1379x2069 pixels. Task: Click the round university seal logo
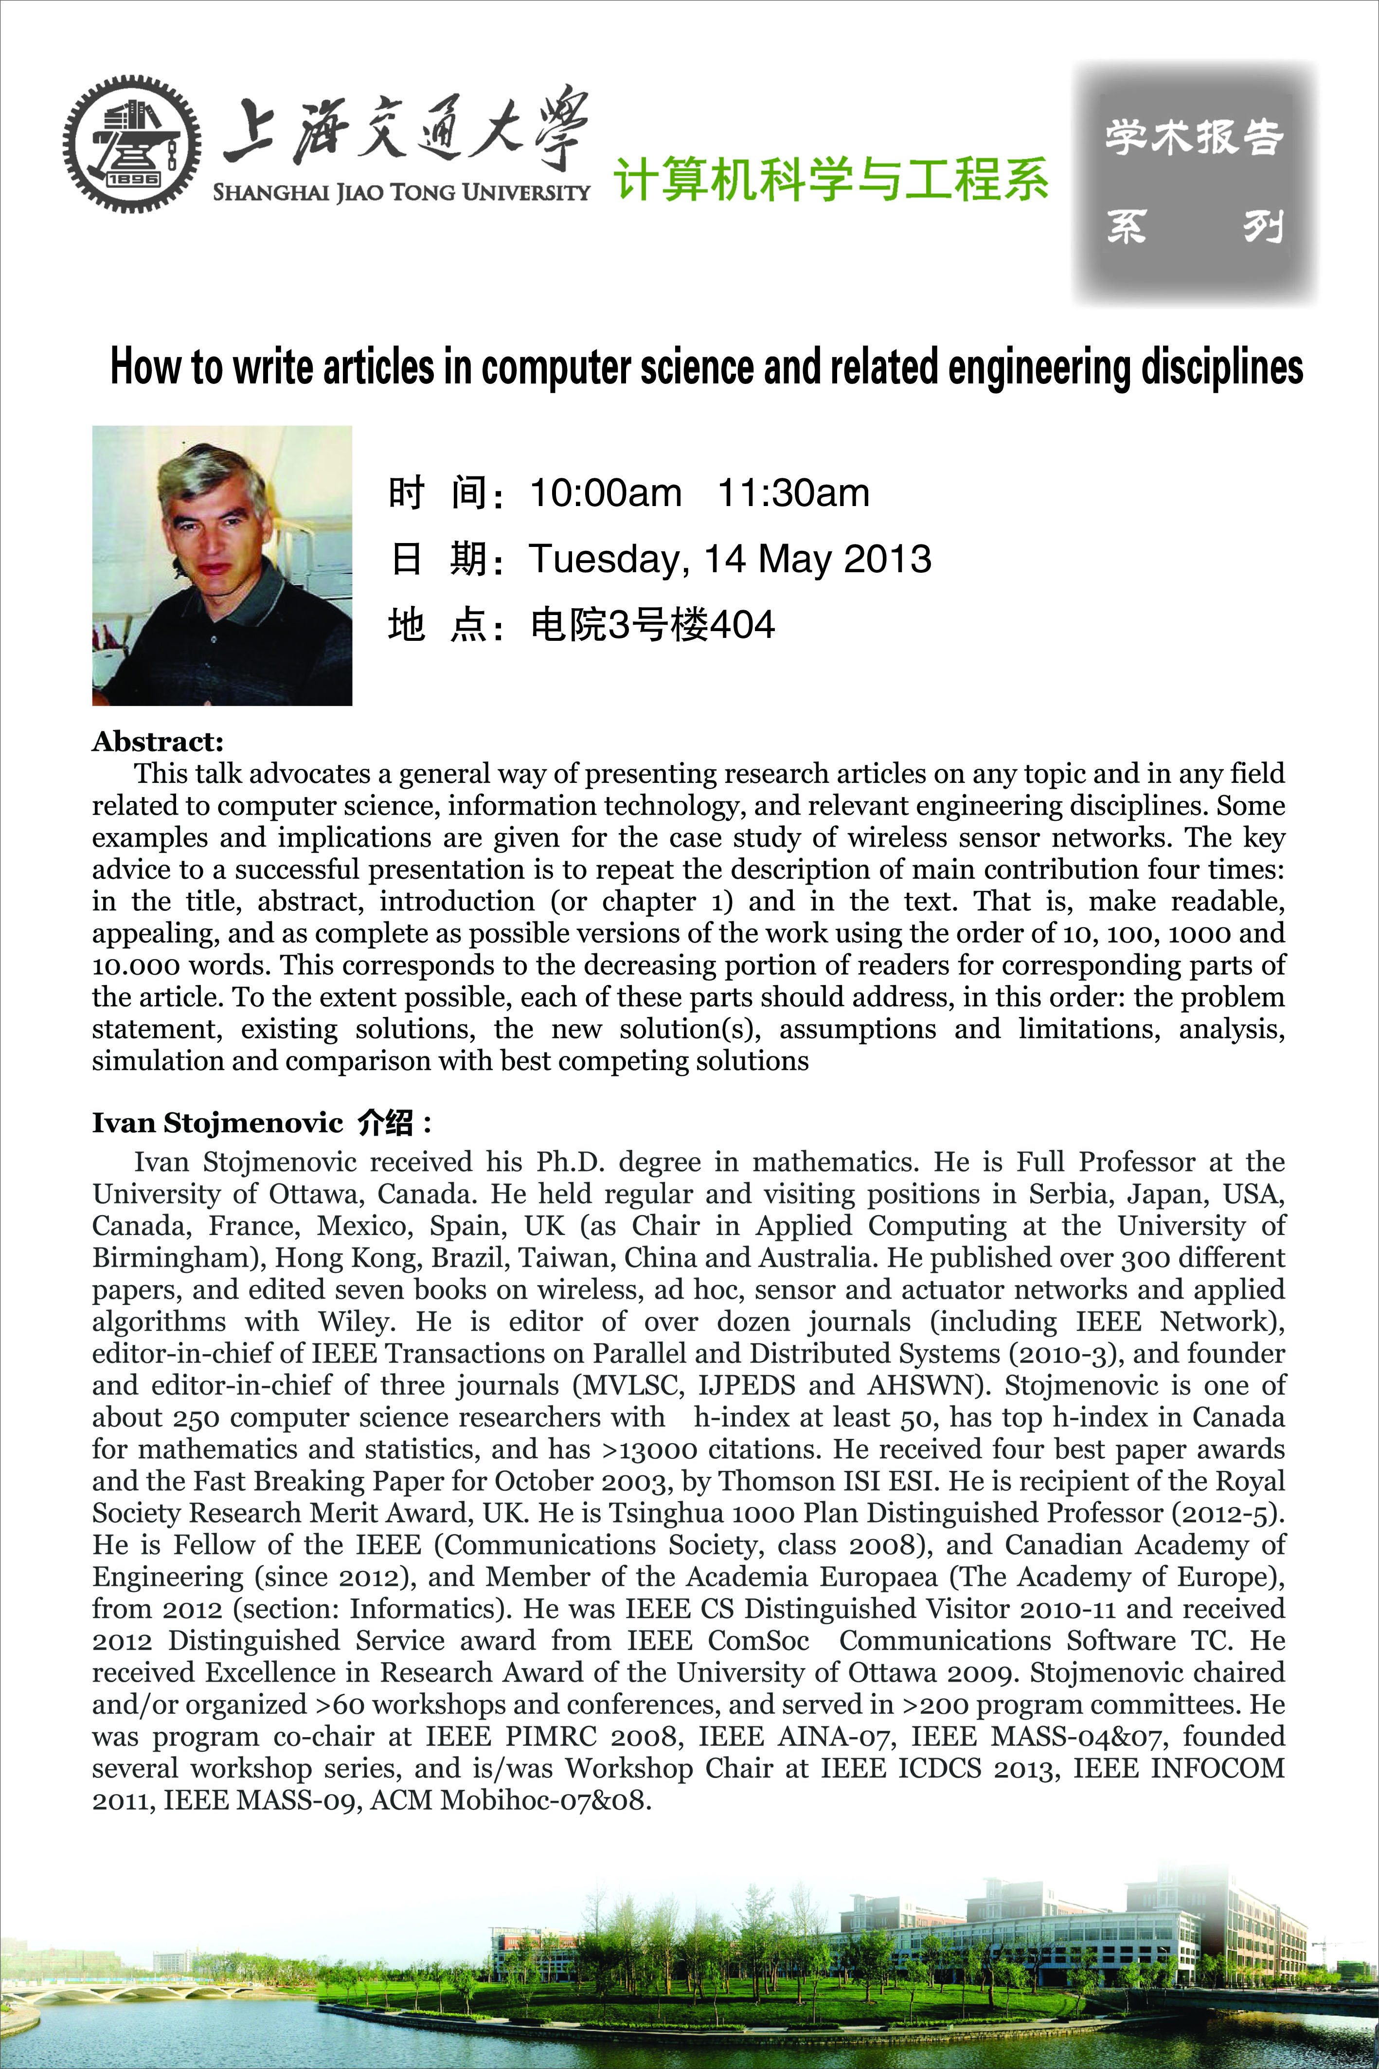(x=132, y=144)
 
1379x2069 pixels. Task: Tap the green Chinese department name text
(x=831, y=180)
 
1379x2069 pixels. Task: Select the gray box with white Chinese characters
(x=1194, y=183)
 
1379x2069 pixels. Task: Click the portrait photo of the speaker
(x=222, y=565)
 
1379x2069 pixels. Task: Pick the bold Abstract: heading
(x=158, y=742)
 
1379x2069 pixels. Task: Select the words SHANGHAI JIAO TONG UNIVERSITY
(x=401, y=192)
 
